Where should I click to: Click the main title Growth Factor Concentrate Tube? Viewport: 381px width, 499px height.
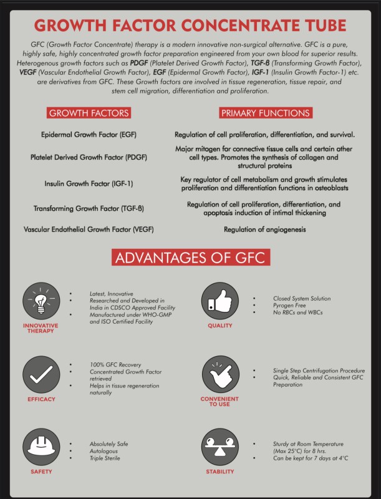[x=190, y=26]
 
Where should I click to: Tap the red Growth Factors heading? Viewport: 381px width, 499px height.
[x=89, y=113]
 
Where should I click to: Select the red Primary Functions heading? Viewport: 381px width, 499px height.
[x=265, y=113]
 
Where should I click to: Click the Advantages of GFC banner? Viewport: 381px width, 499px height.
[x=190, y=258]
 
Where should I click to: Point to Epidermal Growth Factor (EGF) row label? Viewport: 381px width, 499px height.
[x=90, y=135]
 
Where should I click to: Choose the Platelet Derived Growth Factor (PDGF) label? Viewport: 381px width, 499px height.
[x=89, y=157]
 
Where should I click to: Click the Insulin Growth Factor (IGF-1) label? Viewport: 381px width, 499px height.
[x=89, y=184]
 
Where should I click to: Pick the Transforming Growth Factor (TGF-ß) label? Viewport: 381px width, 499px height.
[x=89, y=208]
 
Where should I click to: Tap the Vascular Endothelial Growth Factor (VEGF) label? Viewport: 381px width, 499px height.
[x=89, y=229]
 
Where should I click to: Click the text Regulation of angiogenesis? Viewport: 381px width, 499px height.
[x=265, y=230]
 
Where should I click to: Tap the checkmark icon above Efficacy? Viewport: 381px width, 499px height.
[x=41, y=374]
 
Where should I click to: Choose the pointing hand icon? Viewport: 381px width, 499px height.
[x=220, y=374]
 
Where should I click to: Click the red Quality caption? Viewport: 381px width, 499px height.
[x=220, y=326]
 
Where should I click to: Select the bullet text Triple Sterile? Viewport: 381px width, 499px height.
[x=104, y=458]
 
